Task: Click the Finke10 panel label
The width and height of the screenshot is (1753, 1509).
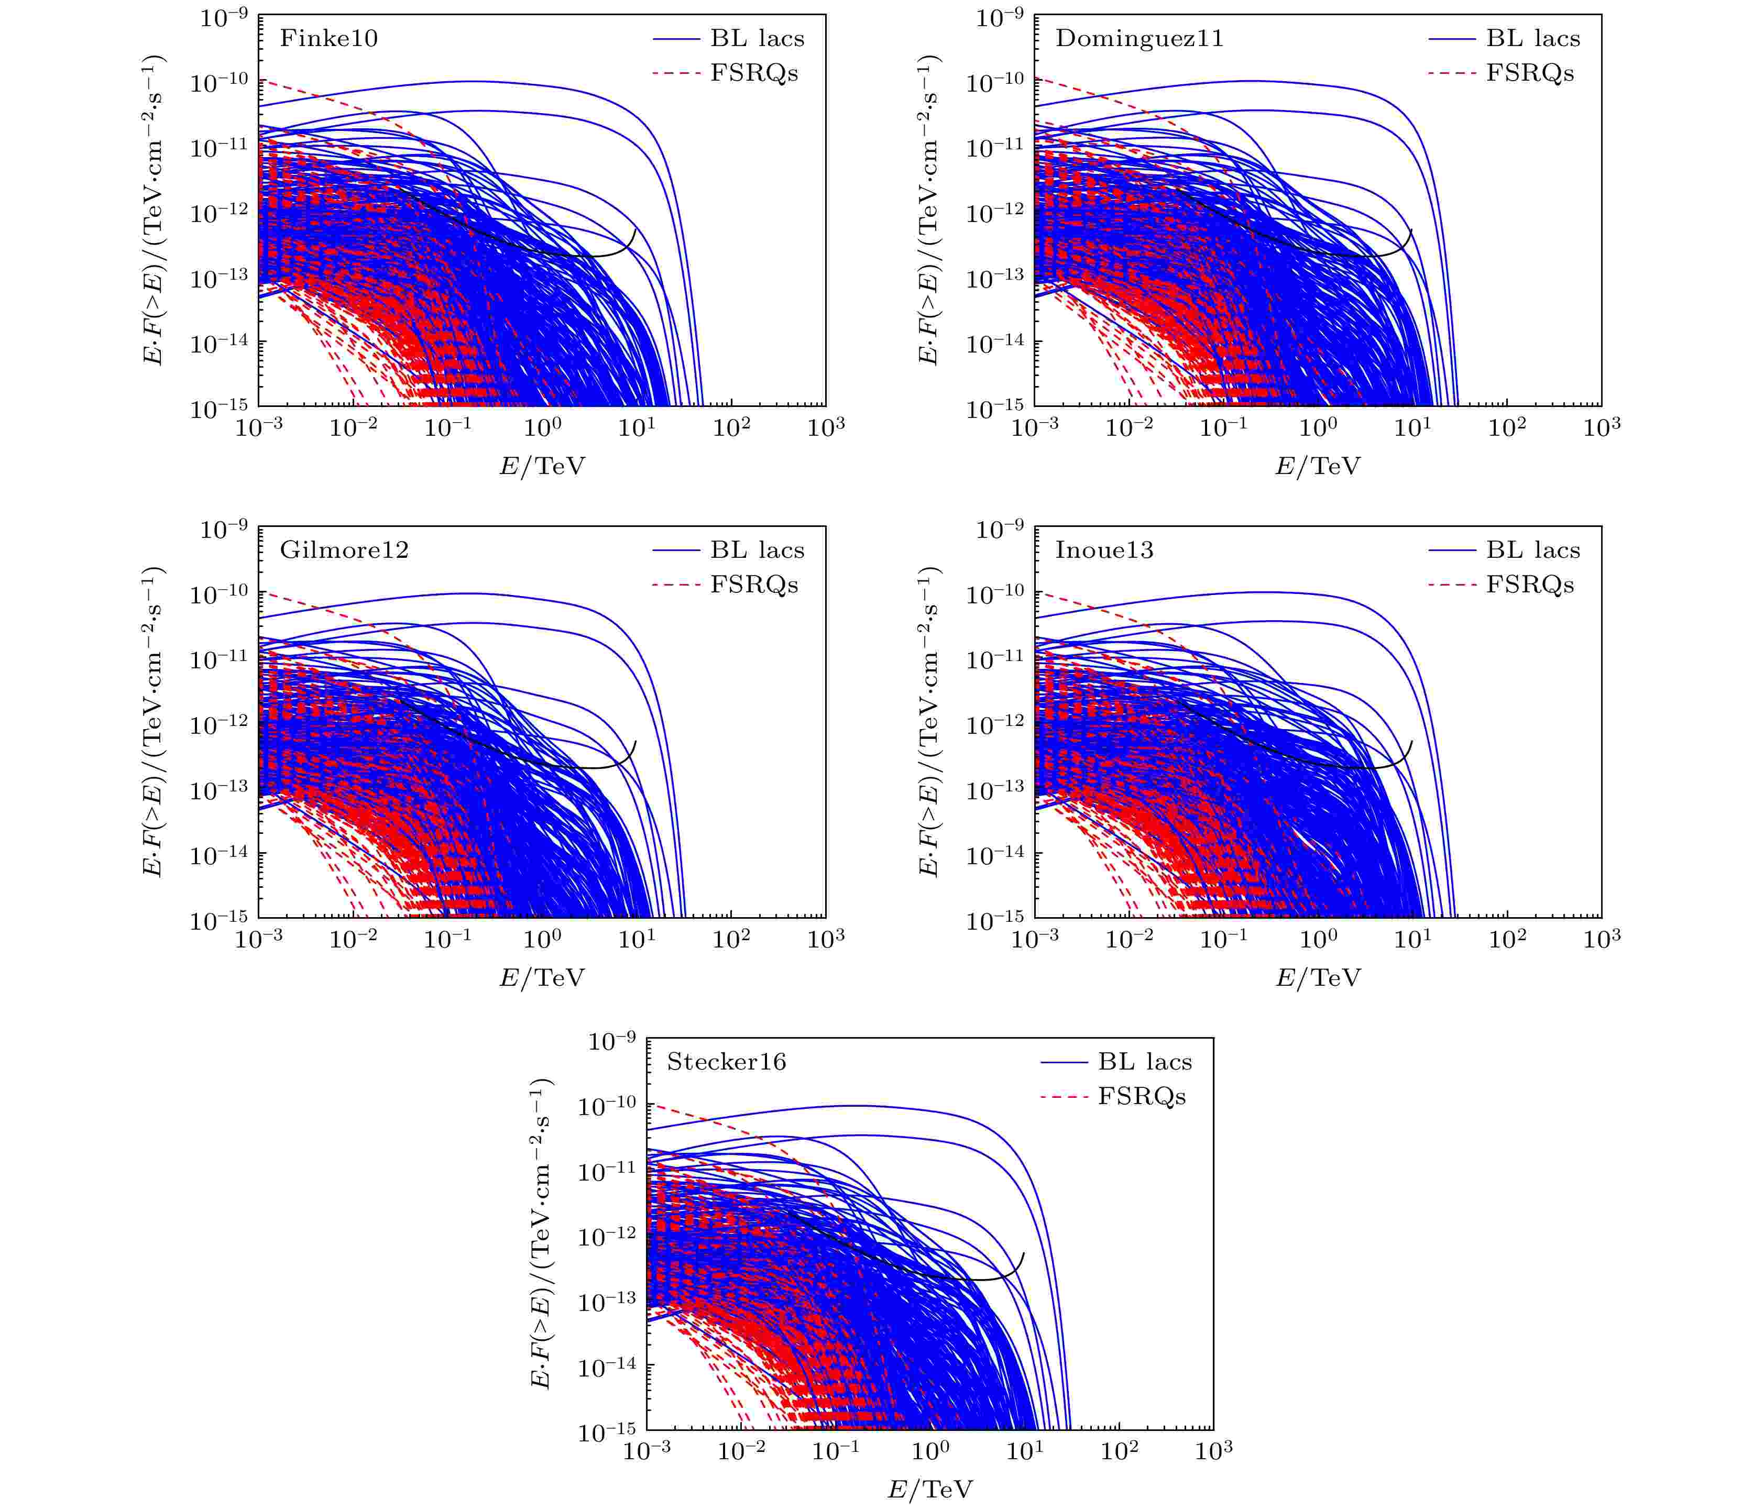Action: [x=328, y=39]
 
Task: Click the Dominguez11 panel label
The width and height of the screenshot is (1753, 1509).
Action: [x=1139, y=39]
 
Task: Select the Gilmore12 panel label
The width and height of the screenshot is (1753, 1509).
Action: [x=344, y=550]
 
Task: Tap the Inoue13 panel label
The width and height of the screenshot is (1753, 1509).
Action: [x=1103, y=550]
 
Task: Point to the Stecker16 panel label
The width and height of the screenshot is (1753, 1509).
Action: [x=726, y=1062]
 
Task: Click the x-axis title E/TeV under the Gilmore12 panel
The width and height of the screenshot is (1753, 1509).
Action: [x=542, y=978]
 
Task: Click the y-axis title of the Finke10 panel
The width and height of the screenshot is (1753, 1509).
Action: [x=153, y=210]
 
